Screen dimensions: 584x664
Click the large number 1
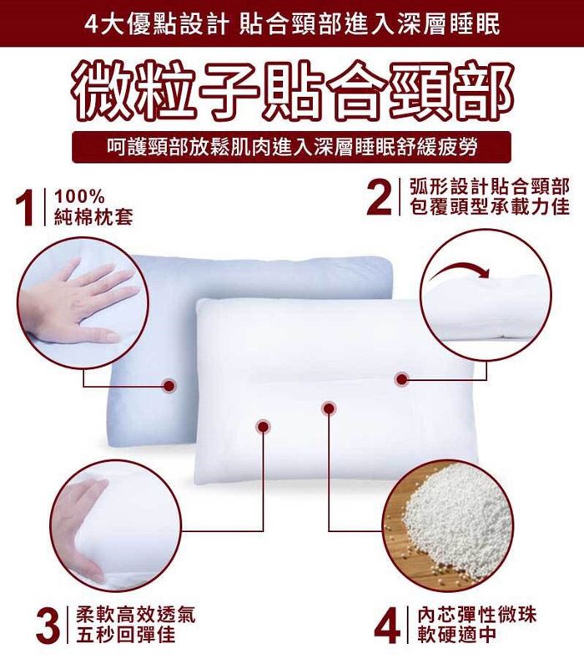(25, 207)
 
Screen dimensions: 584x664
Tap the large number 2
(379, 197)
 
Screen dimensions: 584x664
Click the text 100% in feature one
(79, 197)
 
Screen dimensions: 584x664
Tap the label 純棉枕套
(93, 217)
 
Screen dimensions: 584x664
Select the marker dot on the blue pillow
(169, 386)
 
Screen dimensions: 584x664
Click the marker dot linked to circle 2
(401, 379)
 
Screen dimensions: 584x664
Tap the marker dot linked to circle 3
(263, 427)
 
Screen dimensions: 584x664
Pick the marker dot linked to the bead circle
(328, 408)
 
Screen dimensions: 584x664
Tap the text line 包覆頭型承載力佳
(490, 207)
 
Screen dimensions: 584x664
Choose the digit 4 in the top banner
(90, 24)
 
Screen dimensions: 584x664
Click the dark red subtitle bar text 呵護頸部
(147, 147)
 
